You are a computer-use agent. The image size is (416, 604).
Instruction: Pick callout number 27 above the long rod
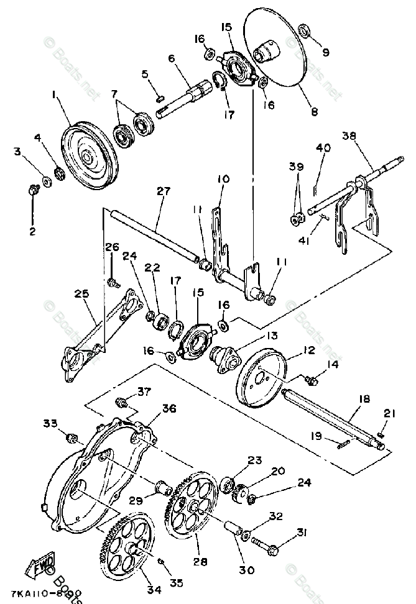click(x=163, y=192)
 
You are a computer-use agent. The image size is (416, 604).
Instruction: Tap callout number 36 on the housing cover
click(x=169, y=408)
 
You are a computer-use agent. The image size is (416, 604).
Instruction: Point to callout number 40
click(x=323, y=148)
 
